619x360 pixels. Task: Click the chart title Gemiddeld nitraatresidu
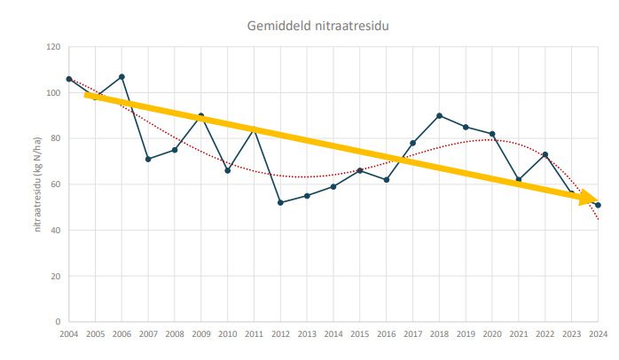point(317,25)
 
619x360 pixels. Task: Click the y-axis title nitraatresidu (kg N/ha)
point(38,184)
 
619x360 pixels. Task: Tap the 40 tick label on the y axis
point(54,231)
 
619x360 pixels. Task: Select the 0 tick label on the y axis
point(57,322)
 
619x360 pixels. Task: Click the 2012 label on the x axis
point(280,334)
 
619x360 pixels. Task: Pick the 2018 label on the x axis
point(439,334)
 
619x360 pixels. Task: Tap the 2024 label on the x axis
point(599,334)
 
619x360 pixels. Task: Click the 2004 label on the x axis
point(68,334)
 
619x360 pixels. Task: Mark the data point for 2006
point(121,76)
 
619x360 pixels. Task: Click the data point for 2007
point(148,159)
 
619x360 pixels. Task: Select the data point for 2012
point(280,202)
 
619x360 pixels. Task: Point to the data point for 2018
point(439,115)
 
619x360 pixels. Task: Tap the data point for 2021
point(519,179)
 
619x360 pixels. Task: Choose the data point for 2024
point(599,205)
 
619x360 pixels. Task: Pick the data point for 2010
point(228,170)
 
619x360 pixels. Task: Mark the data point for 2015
point(360,170)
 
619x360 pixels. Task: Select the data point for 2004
point(68,79)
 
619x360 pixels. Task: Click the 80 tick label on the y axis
point(54,138)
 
